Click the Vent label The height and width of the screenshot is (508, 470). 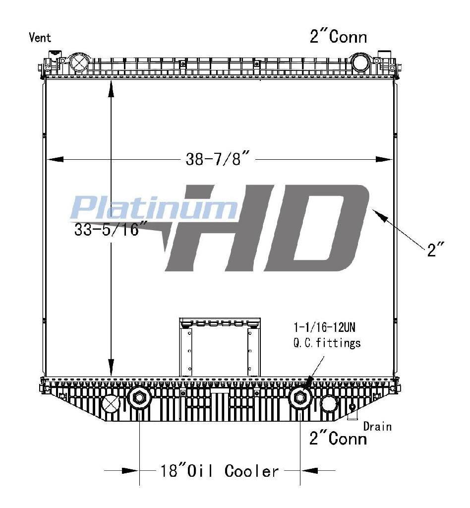click(x=40, y=37)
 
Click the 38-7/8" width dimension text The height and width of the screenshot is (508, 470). click(x=218, y=159)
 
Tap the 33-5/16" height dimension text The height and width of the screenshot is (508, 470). click(x=107, y=229)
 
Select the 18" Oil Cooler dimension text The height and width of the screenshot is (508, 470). click(x=219, y=470)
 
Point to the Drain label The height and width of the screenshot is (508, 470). click(x=377, y=426)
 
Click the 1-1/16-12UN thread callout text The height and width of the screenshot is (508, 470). click(x=324, y=327)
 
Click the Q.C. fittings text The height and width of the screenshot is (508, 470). click(x=327, y=343)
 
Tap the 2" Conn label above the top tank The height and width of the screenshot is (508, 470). click(x=338, y=37)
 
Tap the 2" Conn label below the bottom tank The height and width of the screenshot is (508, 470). click(x=338, y=439)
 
